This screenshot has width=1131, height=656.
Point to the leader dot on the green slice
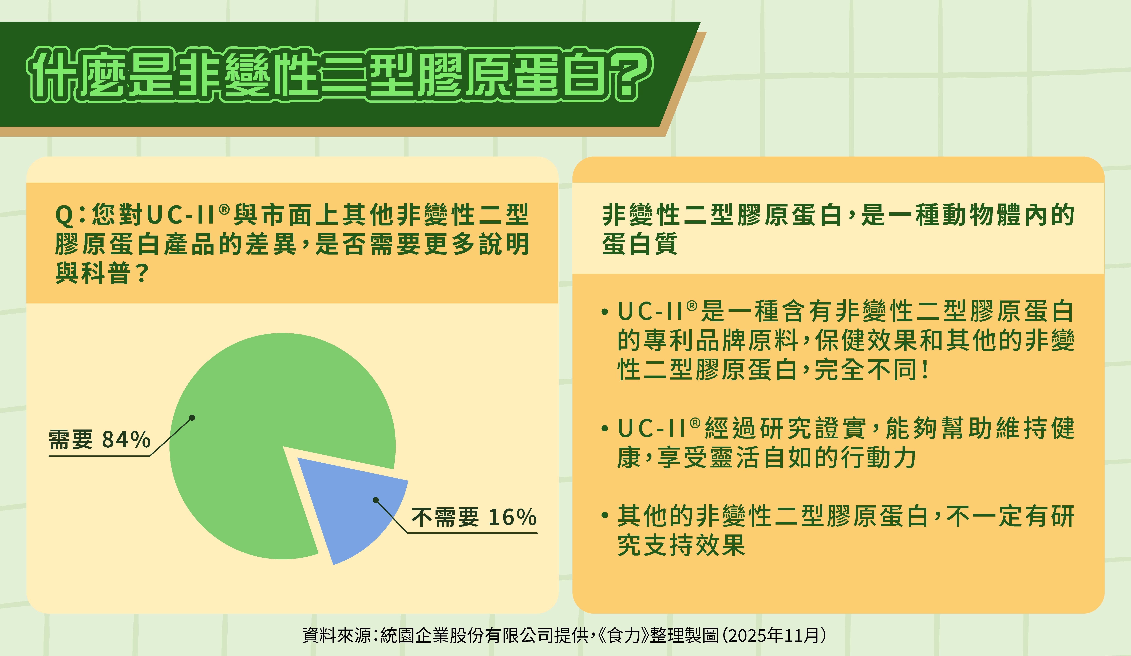click(192, 418)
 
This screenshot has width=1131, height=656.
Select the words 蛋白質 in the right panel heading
click(640, 245)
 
